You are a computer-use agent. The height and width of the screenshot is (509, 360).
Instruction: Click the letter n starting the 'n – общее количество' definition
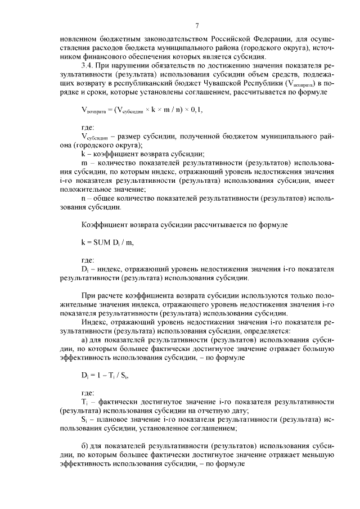pos(83,199)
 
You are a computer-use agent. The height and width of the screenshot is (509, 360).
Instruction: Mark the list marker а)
pos(84,340)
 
